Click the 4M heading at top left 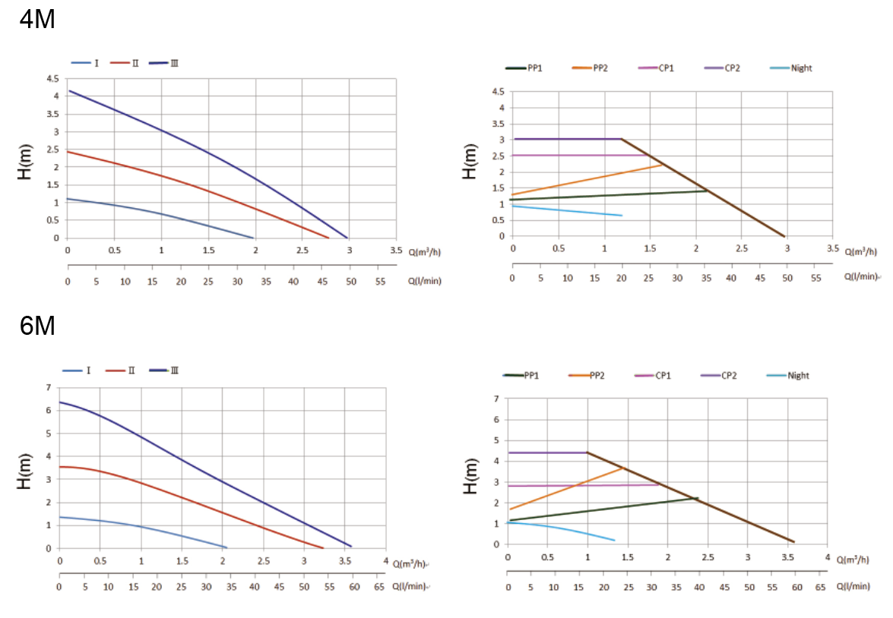pos(36,19)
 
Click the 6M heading pos(36,327)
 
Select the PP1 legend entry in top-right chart pos(534,68)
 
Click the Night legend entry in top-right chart pos(801,68)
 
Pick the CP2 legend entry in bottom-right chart pos(730,376)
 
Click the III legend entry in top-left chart pos(174,63)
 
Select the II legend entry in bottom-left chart pos(131,370)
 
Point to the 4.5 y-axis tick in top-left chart pos(52,79)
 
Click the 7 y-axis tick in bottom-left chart pos(49,388)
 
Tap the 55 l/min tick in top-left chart pos(380,281)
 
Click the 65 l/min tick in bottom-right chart pos(821,587)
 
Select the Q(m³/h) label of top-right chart pos(860,251)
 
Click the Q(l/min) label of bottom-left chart pos(411,587)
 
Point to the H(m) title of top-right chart pos(470,162)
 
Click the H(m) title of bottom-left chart pos(24,471)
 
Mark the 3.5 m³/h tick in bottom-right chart pos(787,558)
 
